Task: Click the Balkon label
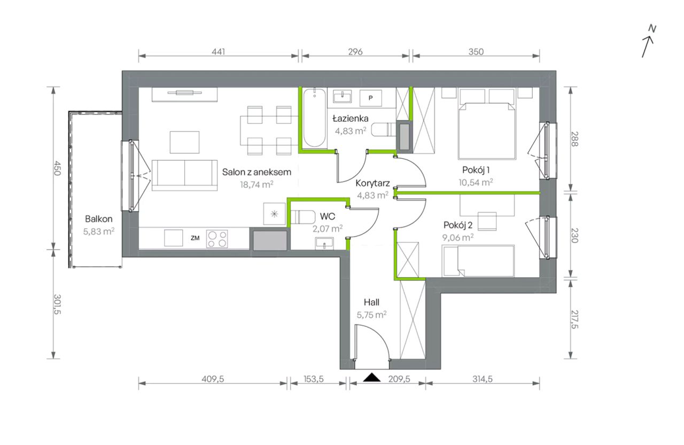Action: click(99, 219)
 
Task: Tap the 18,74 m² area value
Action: click(256, 184)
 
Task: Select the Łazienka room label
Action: click(350, 118)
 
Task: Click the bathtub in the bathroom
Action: click(314, 119)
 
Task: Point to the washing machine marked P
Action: click(371, 98)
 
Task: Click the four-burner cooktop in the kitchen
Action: click(217, 239)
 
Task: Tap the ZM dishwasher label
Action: click(195, 238)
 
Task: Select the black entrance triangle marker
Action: click(371, 377)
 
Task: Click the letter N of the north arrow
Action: click(652, 29)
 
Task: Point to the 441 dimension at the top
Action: click(219, 52)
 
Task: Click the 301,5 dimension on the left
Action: click(57, 304)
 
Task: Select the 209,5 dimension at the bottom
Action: click(399, 379)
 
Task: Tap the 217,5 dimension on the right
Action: click(574, 319)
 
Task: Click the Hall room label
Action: click(371, 302)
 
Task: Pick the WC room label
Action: click(328, 216)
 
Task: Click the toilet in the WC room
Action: click(302, 217)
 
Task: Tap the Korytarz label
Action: click(372, 183)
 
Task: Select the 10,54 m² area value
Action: click(476, 182)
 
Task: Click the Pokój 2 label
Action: click(458, 225)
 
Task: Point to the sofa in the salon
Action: click(185, 175)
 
